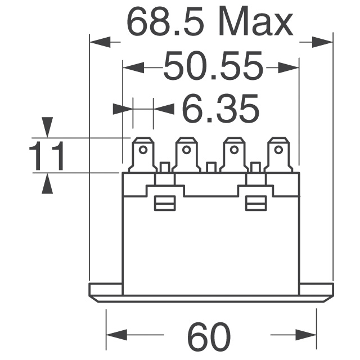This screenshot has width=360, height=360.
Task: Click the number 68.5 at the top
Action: pyautogui.click(x=165, y=22)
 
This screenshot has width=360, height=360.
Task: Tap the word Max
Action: pyautogui.click(x=256, y=22)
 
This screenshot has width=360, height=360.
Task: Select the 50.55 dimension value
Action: pyautogui.click(x=213, y=67)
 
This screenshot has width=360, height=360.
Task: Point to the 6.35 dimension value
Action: pyautogui.click(x=220, y=109)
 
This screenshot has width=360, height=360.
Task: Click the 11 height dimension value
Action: pyautogui.click(x=47, y=156)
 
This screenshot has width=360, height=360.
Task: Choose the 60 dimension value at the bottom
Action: pyautogui.click(x=209, y=336)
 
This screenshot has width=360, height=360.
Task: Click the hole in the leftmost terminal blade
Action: pyautogui.click(x=143, y=150)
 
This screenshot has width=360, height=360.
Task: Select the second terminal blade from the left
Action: pyautogui.click(x=186, y=154)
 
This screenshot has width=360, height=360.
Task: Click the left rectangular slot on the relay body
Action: pyautogui.click(x=164, y=203)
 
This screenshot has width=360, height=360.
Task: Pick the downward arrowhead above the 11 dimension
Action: pyautogui.click(x=48, y=126)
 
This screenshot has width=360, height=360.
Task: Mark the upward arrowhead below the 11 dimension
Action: pyautogui.click(x=48, y=183)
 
